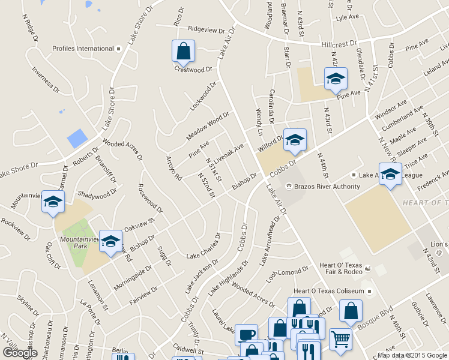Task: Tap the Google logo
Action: [19, 353]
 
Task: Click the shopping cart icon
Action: [340, 338]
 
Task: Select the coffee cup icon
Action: [246, 335]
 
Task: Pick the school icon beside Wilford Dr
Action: [295, 140]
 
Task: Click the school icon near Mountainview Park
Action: [110, 241]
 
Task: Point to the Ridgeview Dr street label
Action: [205, 29]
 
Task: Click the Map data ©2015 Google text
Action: [412, 355]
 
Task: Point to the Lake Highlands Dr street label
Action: [228, 278]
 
